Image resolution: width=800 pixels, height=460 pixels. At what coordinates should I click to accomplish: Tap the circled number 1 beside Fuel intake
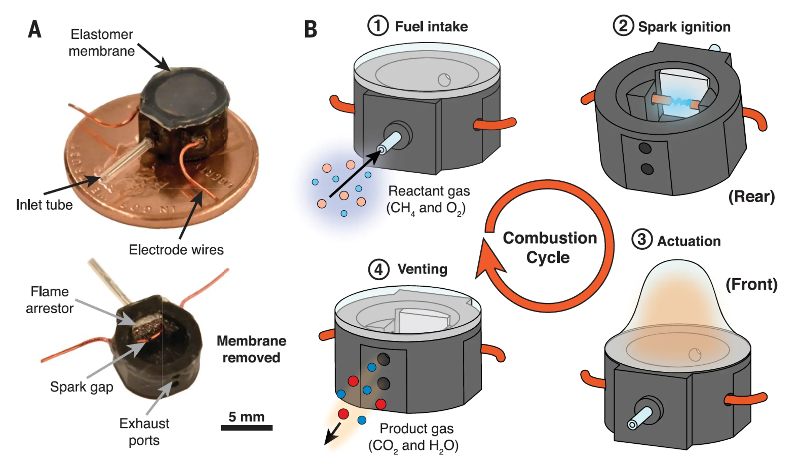click(378, 26)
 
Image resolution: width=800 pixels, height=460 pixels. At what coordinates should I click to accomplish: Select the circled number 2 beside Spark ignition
click(623, 26)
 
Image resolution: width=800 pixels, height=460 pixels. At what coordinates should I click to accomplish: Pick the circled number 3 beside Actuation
click(642, 239)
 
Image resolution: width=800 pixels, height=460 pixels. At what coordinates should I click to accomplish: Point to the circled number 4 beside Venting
click(379, 269)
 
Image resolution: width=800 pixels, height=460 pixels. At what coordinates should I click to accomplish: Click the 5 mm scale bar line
click(246, 428)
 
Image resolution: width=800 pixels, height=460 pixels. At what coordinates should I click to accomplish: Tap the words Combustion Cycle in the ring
click(549, 247)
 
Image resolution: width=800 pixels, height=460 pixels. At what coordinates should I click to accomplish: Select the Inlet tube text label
click(44, 205)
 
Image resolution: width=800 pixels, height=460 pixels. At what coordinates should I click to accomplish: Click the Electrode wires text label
click(176, 250)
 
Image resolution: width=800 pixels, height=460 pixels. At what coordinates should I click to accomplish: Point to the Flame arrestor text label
click(50, 300)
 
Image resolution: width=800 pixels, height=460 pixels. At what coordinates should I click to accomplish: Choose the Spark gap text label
click(81, 387)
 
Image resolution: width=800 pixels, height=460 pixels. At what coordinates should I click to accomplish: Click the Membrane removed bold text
click(251, 349)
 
